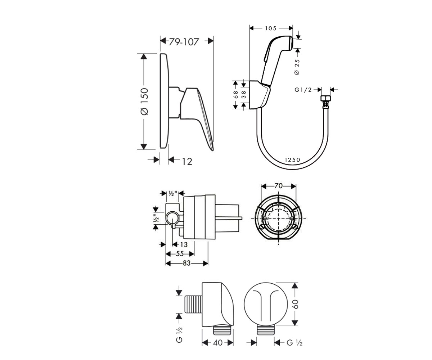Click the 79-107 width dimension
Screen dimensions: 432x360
click(184, 42)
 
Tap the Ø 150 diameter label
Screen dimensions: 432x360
click(144, 102)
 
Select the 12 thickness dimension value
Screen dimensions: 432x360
click(187, 162)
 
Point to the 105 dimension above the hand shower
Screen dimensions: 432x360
click(271, 28)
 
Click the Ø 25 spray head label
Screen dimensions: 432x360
click(297, 67)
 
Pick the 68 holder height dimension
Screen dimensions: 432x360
click(236, 95)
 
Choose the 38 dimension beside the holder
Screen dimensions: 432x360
click(244, 95)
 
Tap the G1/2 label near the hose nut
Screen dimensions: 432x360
click(303, 90)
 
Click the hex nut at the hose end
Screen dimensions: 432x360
click(326, 98)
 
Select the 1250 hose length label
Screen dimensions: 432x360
click(292, 160)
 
